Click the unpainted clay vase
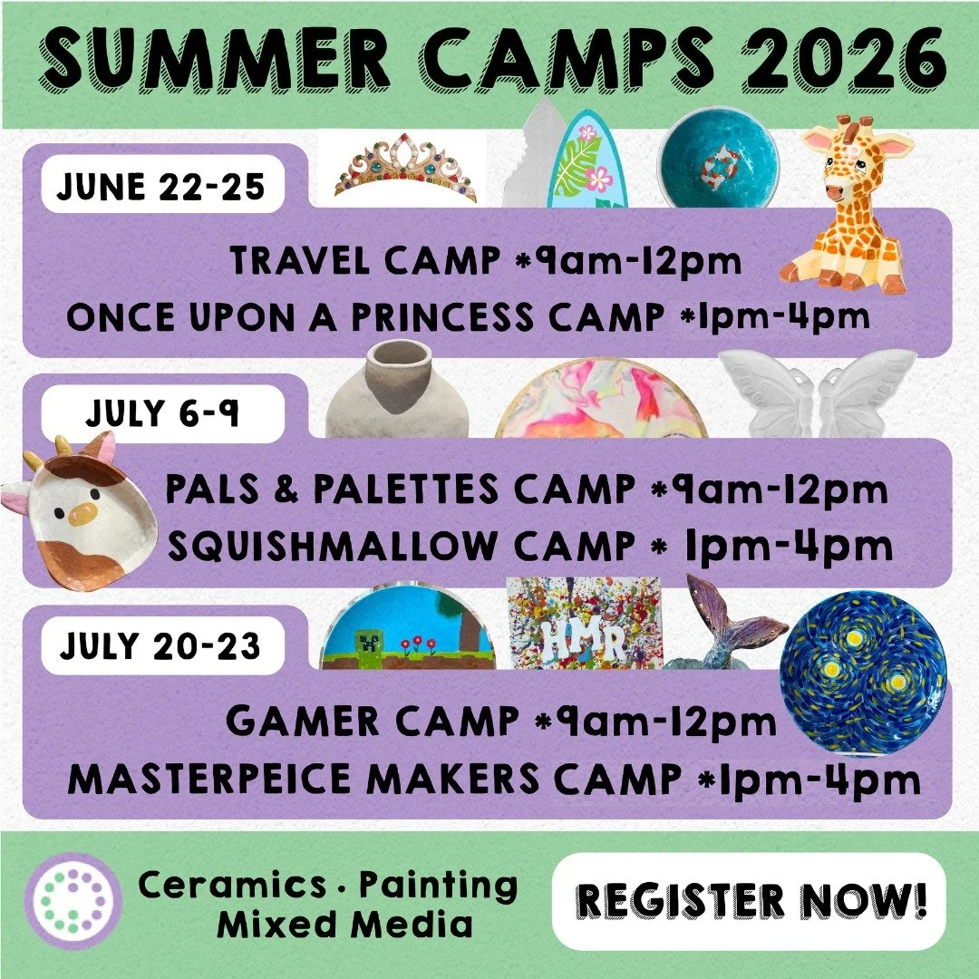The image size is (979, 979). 397,390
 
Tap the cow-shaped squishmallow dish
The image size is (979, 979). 82,511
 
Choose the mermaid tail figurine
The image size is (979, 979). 725,622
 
